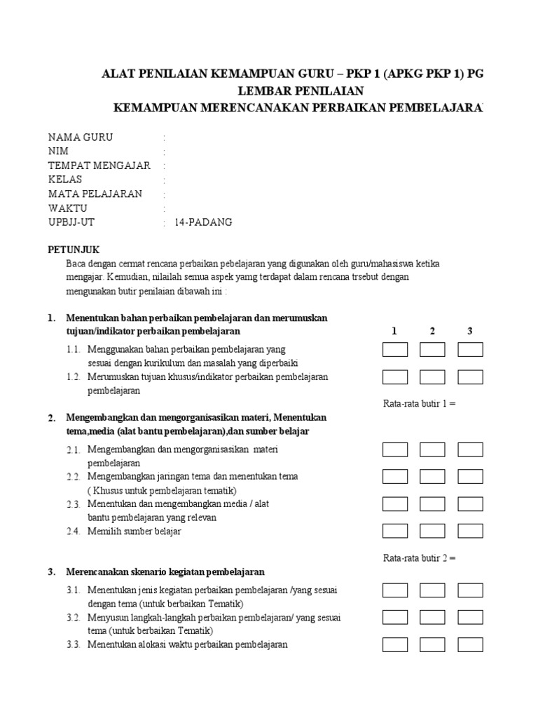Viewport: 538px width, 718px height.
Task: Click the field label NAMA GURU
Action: coord(80,137)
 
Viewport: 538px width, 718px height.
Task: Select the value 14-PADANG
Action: coord(203,222)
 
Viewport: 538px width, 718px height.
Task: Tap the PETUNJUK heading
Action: coord(74,249)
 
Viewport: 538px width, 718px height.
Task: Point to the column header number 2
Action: coord(432,330)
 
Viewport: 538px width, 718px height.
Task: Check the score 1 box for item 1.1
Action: coord(395,349)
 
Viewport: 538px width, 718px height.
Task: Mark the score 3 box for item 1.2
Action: coord(470,377)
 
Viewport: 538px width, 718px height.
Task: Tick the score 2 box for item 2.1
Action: coord(432,449)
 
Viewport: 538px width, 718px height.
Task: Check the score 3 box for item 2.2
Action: coord(470,477)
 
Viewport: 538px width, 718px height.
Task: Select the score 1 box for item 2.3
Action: coord(395,504)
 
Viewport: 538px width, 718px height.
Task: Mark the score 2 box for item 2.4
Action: coord(432,531)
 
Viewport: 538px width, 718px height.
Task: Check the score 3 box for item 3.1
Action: coord(470,590)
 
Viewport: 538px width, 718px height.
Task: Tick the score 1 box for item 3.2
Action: coord(395,617)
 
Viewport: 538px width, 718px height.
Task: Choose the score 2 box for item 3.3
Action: coord(432,644)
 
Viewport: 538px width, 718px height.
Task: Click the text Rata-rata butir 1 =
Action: coord(420,404)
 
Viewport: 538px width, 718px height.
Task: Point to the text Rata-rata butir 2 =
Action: coord(420,558)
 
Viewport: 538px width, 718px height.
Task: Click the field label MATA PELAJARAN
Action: coord(95,194)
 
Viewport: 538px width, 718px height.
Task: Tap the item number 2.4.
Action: coord(74,531)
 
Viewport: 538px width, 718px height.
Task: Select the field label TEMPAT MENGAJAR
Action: coord(99,165)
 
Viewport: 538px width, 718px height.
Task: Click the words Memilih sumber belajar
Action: coord(134,531)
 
